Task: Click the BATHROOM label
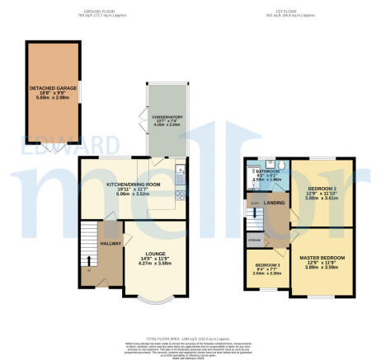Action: pos(267,171)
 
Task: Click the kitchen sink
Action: pos(181,171)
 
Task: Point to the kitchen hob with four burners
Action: pos(181,198)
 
